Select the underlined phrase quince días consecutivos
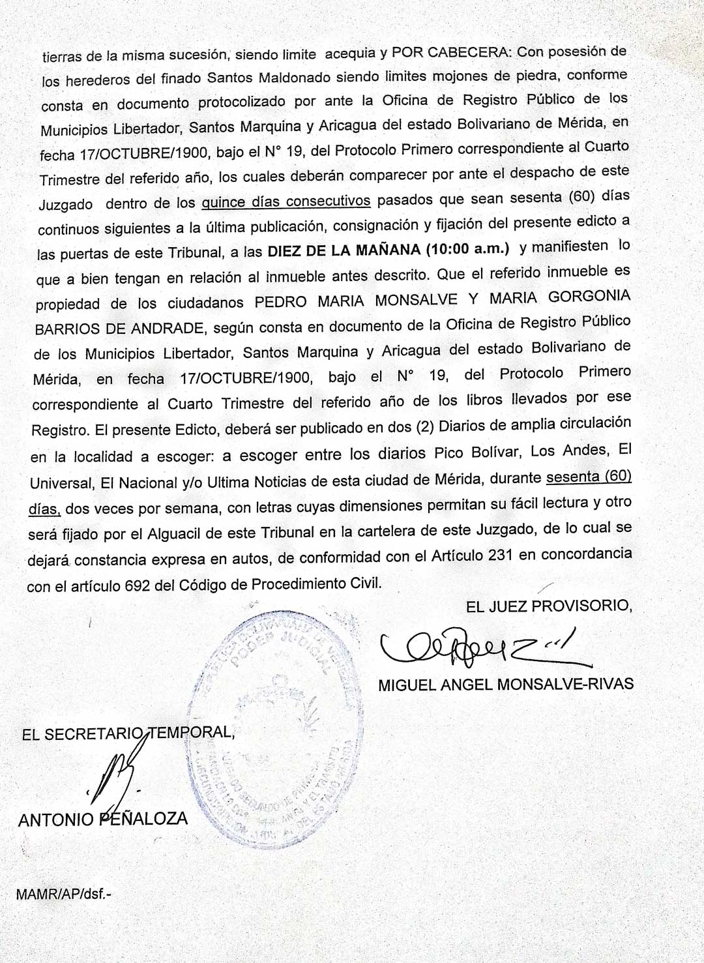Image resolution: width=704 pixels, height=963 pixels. tap(286, 201)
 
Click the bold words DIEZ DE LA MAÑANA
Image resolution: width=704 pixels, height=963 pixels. tap(344, 251)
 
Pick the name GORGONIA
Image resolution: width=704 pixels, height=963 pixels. tap(589, 297)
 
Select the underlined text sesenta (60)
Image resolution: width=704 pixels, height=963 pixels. tap(589, 477)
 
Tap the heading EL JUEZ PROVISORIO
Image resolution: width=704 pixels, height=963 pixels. tap(549, 606)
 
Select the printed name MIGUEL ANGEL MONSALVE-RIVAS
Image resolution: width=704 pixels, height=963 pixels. tap(506, 684)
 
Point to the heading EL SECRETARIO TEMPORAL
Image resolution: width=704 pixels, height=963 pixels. tap(128, 733)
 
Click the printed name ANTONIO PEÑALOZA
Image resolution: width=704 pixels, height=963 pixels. tap(103, 819)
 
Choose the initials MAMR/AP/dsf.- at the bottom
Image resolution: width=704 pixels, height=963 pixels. tap(63, 894)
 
